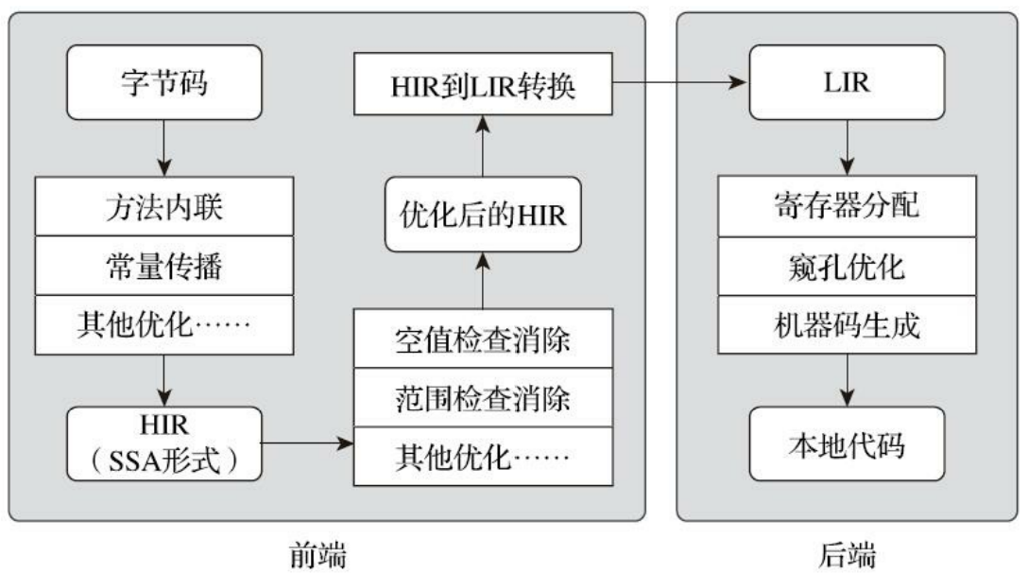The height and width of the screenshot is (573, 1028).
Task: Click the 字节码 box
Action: (165, 85)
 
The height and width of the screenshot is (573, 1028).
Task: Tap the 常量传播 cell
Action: (165, 266)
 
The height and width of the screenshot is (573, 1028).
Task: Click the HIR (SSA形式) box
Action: (165, 443)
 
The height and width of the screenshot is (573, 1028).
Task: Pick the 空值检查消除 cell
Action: (482, 339)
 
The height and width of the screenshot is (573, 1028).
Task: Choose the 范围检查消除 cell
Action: (482, 398)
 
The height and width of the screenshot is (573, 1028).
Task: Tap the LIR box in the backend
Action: (846, 85)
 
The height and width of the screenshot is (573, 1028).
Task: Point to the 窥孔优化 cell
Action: (846, 267)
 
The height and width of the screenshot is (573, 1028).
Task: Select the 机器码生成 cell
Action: (846, 326)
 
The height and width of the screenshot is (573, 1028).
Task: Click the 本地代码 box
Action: (846, 443)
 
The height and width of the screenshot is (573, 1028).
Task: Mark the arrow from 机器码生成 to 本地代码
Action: (846, 380)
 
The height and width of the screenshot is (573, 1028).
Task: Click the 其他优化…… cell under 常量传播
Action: (165, 325)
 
